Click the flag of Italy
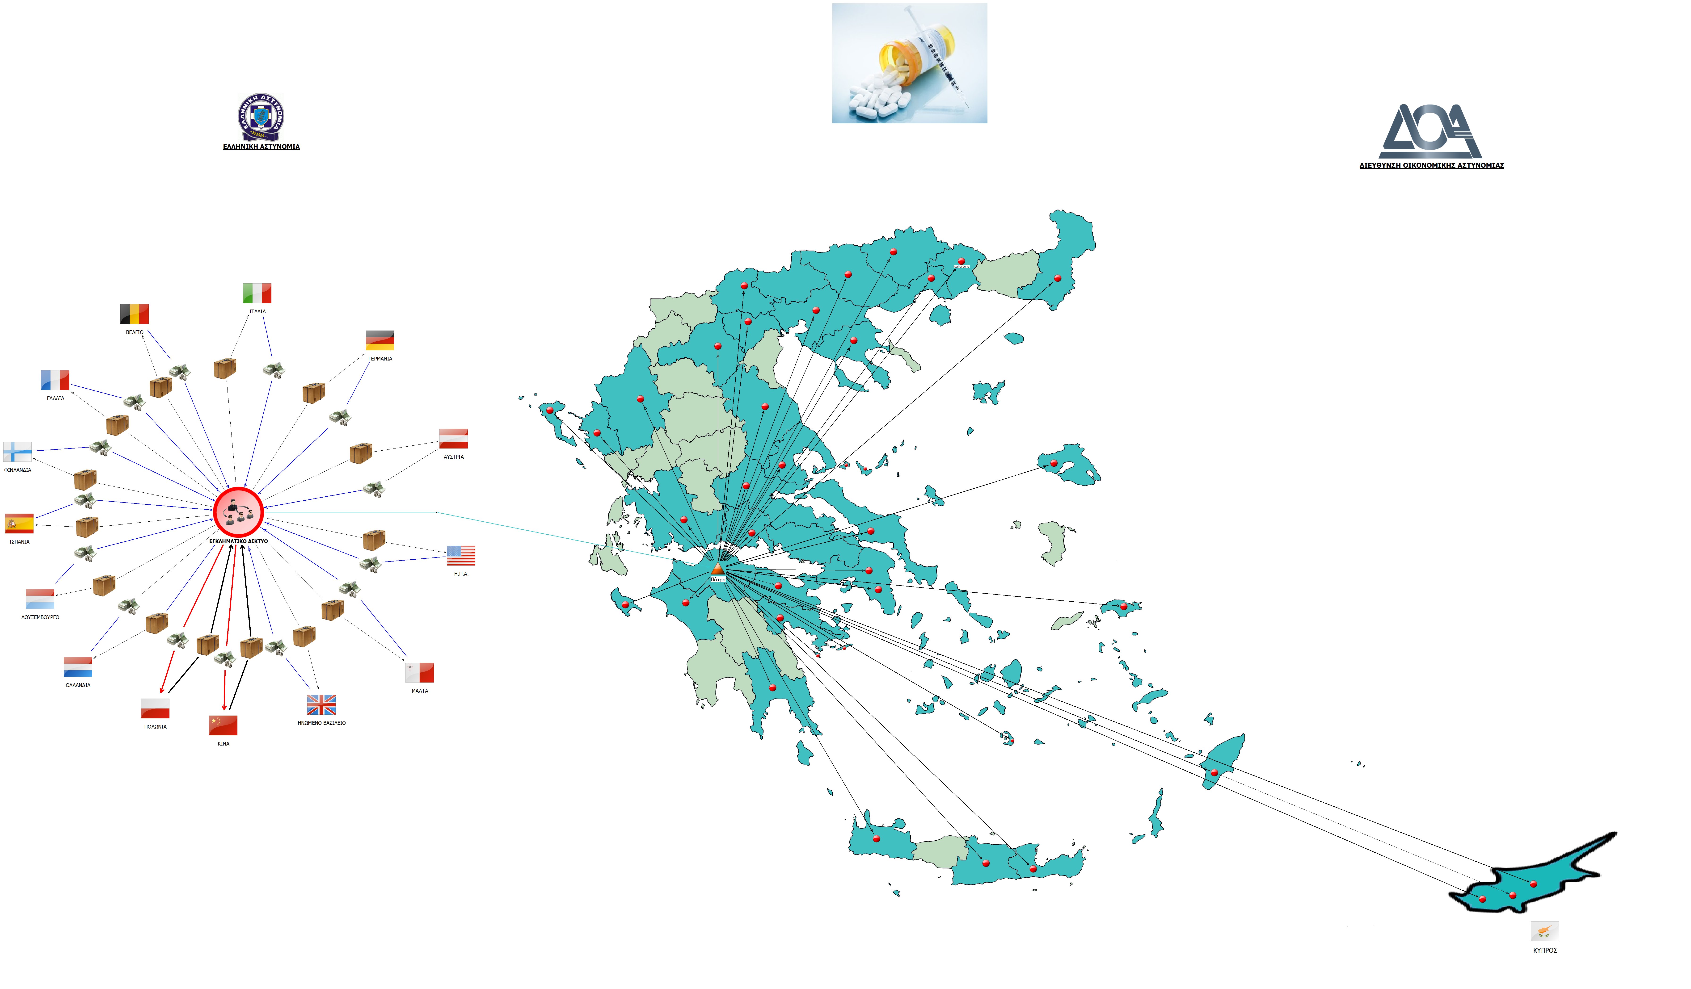[257, 293]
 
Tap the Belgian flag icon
[134, 314]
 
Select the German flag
[380, 340]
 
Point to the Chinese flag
[223, 725]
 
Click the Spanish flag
[19, 523]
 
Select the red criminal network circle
[238, 512]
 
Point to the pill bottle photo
[909, 63]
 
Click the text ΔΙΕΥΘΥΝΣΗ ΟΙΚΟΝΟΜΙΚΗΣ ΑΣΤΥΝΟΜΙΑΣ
[1431, 165]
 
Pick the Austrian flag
[454, 438]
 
